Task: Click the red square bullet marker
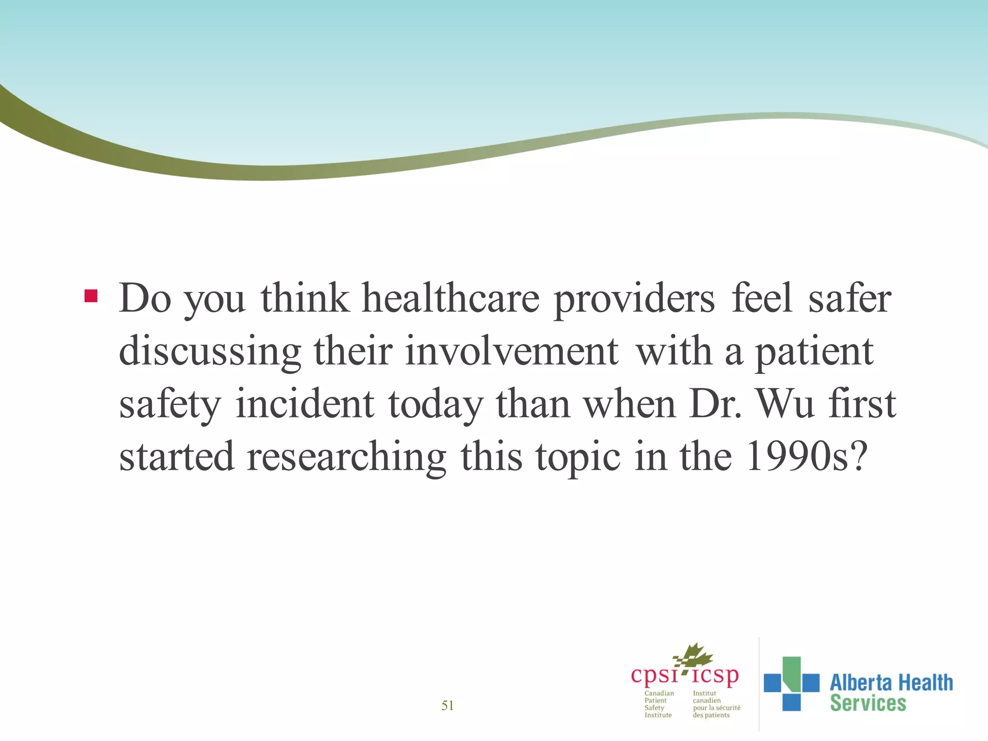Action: tap(91, 296)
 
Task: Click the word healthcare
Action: tap(450, 299)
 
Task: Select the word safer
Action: tap(849, 299)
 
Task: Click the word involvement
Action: tap(511, 351)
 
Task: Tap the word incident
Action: tap(304, 404)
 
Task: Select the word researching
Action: tap(346, 458)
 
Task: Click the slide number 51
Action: tap(447, 706)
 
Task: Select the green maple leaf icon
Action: tap(695, 657)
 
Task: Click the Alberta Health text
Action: tap(891, 683)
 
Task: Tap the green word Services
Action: tap(868, 703)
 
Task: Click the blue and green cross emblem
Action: tap(791, 683)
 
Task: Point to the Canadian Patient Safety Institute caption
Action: tap(659, 704)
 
